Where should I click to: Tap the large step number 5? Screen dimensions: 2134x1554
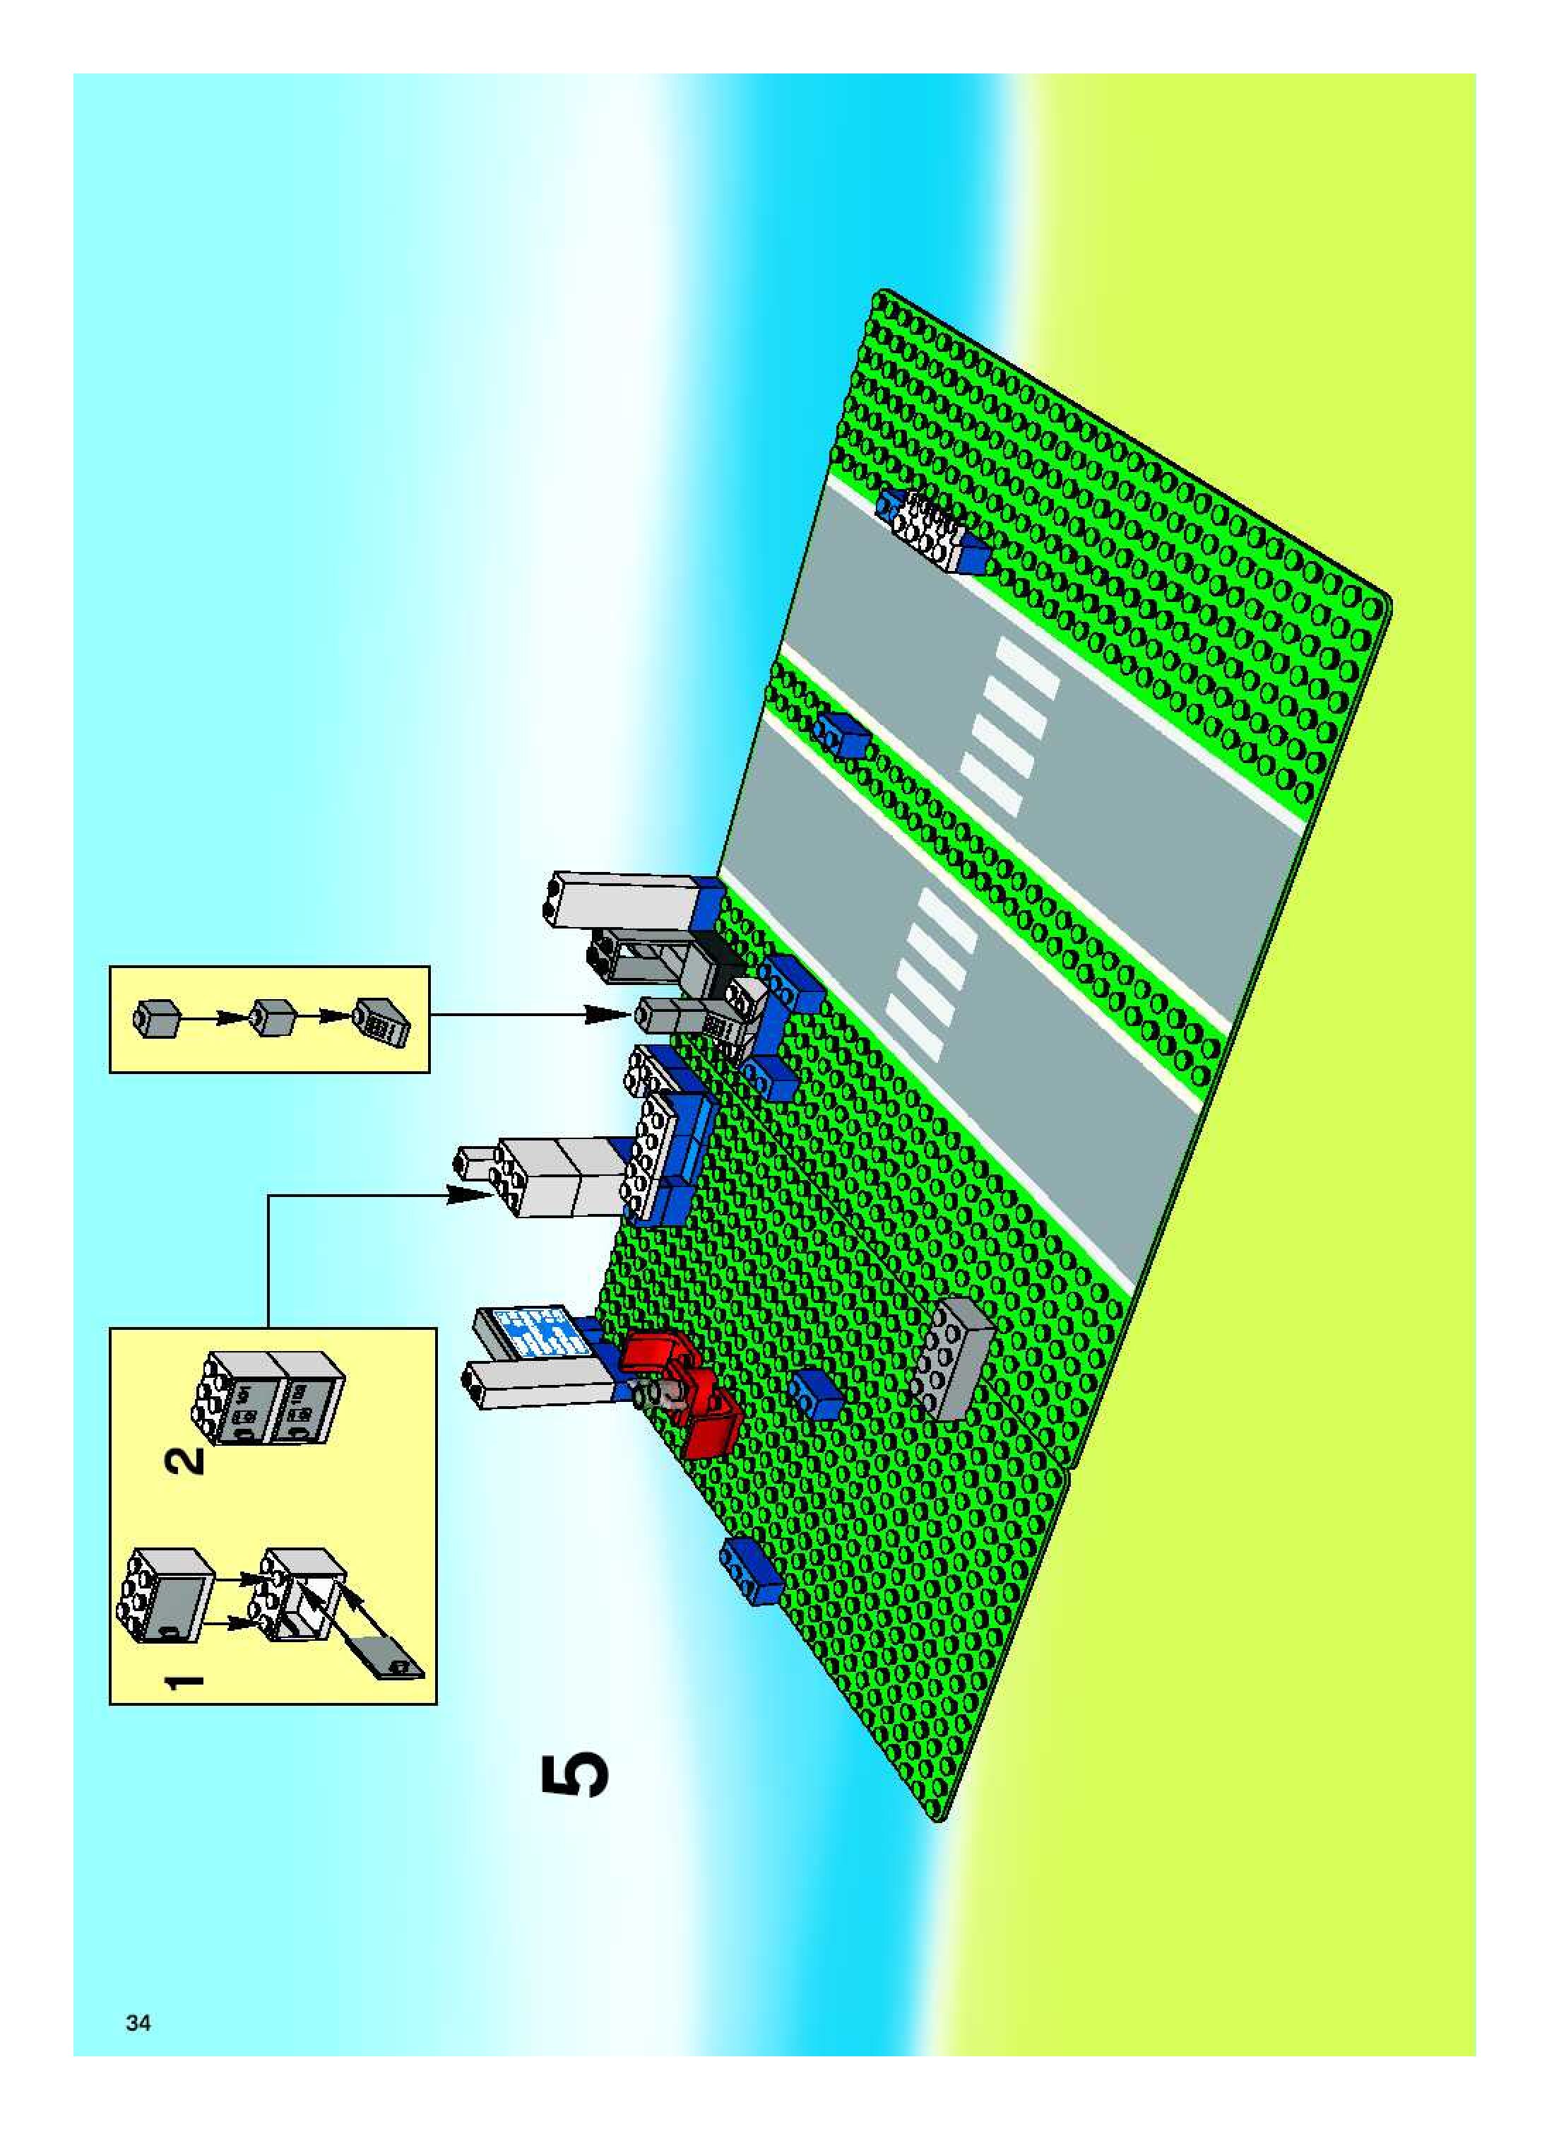575,1776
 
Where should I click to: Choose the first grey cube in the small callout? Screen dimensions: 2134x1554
156,1018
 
